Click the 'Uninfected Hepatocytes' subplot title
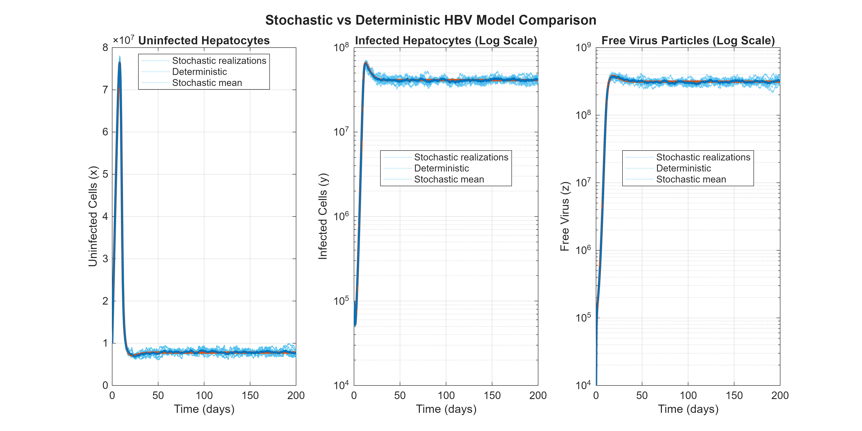point(204,40)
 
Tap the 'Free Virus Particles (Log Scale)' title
point(688,40)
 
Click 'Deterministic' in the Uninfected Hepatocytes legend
point(200,72)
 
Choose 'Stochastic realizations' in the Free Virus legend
point(703,157)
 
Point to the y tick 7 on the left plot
point(106,90)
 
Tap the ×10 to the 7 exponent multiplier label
point(123,40)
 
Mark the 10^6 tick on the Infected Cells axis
point(341,217)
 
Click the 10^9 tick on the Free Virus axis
point(583,48)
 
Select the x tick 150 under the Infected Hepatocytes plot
point(492,396)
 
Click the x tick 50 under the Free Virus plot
point(642,396)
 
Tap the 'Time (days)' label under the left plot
point(204,409)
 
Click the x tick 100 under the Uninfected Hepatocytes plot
point(204,396)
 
